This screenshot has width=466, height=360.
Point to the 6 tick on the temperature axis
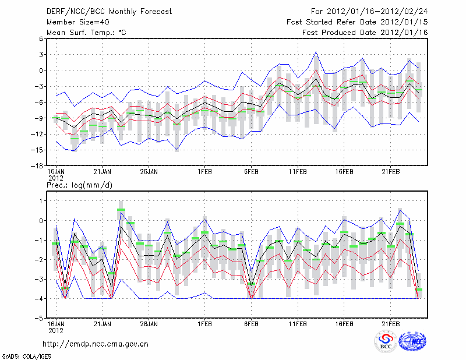click(41, 39)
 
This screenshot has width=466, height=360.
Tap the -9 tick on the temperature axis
click(39, 118)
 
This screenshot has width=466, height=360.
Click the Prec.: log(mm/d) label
click(79, 185)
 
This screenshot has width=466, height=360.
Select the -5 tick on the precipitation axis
click(39, 319)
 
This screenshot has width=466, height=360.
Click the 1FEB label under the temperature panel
click(204, 172)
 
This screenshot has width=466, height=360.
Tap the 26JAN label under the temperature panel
click(149, 172)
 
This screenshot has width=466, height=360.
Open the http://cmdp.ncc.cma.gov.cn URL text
click(96, 344)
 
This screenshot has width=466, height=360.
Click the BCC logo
click(386, 341)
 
